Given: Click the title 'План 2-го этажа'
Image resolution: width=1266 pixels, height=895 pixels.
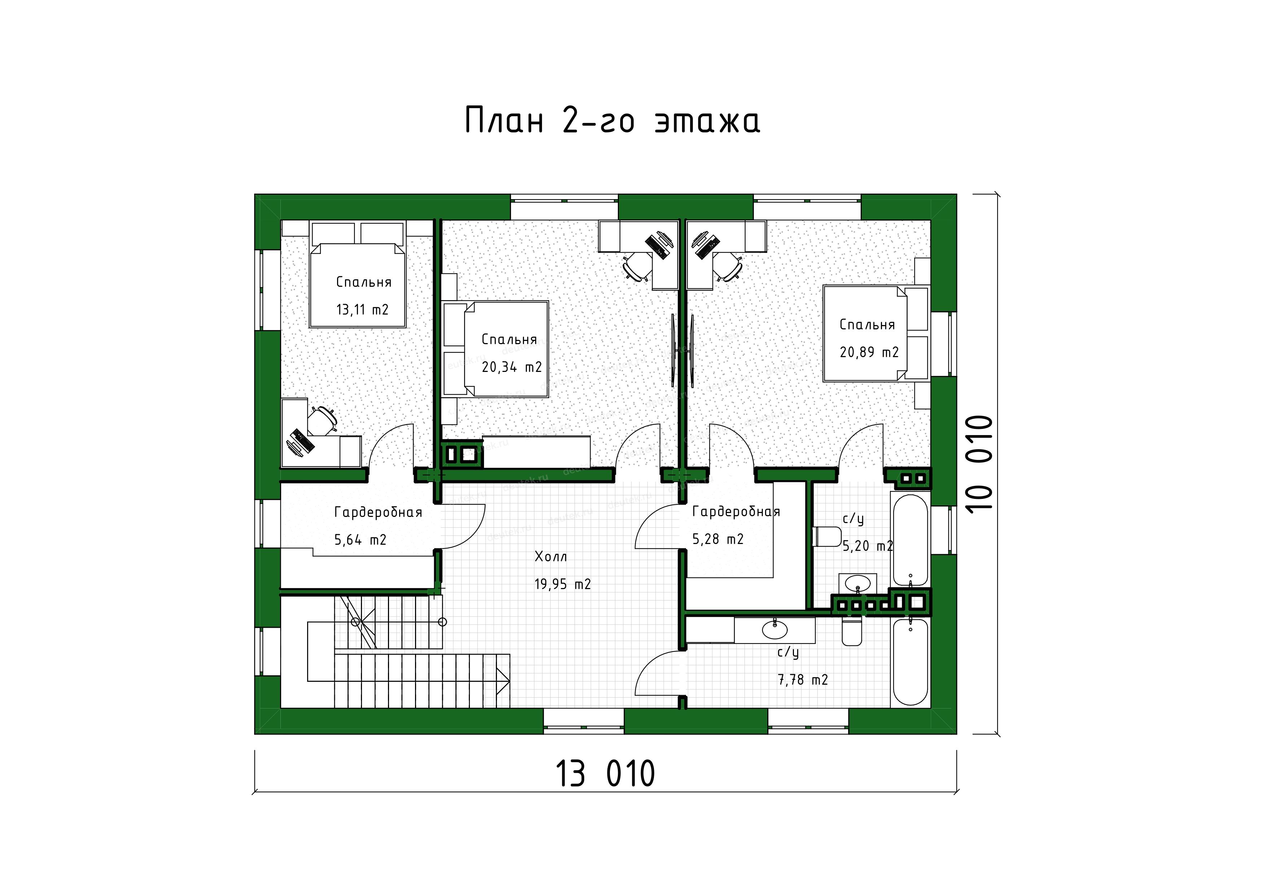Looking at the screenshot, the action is click(x=612, y=121).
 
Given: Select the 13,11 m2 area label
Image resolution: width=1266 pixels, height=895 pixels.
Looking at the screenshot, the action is click(x=362, y=310).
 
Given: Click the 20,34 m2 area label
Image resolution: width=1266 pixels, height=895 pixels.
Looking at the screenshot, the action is click(x=512, y=367).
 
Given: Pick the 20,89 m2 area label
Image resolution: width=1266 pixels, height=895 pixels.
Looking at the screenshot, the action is click(x=869, y=352).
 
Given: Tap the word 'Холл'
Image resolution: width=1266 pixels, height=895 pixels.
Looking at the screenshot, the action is click(x=550, y=557).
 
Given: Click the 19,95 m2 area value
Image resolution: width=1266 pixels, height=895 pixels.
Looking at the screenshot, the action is click(x=562, y=584).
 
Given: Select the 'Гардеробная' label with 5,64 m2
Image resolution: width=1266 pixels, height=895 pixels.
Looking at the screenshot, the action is click(x=378, y=513).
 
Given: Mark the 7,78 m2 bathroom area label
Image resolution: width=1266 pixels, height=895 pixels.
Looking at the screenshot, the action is click(x=803, y=680).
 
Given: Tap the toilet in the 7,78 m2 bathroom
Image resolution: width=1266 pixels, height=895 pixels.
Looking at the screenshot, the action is click(x=852, y=632).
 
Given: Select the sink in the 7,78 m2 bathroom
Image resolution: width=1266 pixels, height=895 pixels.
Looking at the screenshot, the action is click(x=775, y=629).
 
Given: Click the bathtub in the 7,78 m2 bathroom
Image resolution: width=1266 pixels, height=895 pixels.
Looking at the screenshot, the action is click(x=911, y=661).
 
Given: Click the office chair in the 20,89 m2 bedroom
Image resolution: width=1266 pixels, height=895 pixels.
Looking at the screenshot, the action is click(x=727, y=268).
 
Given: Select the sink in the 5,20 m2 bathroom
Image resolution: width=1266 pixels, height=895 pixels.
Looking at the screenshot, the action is click(x=857, y=583).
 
